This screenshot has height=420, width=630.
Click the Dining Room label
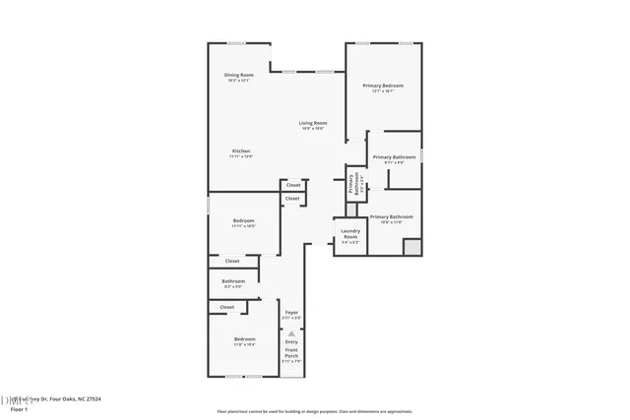(238, 76)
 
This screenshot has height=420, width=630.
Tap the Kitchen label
(241, 150)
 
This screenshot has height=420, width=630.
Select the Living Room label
(313, 123)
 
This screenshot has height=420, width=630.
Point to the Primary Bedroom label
(383, 86)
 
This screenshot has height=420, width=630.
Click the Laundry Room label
(350, 234)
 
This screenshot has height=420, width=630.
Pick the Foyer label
(291, 313)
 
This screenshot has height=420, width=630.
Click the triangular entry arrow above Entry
(291, 332)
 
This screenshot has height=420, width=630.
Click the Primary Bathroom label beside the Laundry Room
(391, 216)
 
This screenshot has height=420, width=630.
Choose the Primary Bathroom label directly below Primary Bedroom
(394, 156)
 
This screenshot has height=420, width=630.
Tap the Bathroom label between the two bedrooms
(233, 281)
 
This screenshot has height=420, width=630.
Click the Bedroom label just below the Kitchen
(243, 220)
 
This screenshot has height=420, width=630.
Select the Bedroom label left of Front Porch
(244, 339)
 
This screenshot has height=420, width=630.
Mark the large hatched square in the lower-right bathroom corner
(412, 247)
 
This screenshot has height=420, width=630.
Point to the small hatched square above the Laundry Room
(350, 209)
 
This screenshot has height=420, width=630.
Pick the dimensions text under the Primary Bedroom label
(383, 91)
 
